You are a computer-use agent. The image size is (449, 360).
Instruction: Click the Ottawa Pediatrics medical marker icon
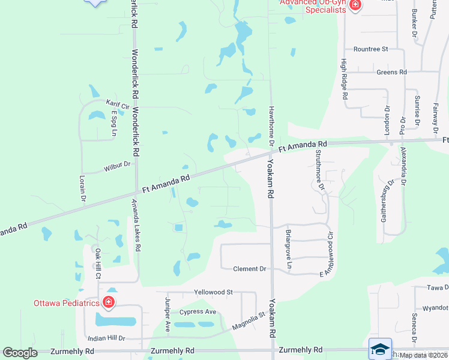coord(109,302)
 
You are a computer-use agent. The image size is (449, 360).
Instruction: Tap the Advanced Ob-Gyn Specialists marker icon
coord(355,5)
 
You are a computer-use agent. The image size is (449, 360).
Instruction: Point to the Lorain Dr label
coord(82,188)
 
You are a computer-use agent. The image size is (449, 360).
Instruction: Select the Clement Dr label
coord(249,269)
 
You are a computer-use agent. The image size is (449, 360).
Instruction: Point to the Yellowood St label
coord(213,292)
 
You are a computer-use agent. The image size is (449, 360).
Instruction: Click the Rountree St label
coord(371,49)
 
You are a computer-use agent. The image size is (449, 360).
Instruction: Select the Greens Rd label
coord(392,72)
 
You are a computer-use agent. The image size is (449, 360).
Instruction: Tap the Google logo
coord(20,353)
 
